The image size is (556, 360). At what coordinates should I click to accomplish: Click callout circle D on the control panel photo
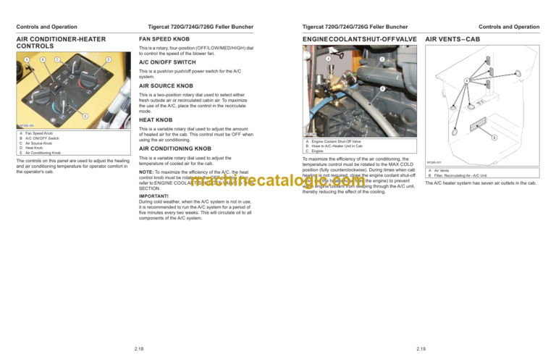pyautogui.click(x=108, y=59)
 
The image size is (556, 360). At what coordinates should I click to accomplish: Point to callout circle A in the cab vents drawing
pyautogui.click(x=467, y=80)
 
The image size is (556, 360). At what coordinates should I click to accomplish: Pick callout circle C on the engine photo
pyautogui.click(x=382, y=59)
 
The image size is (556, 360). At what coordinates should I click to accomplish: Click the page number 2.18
pyautogui.click(x=139, y=348)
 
